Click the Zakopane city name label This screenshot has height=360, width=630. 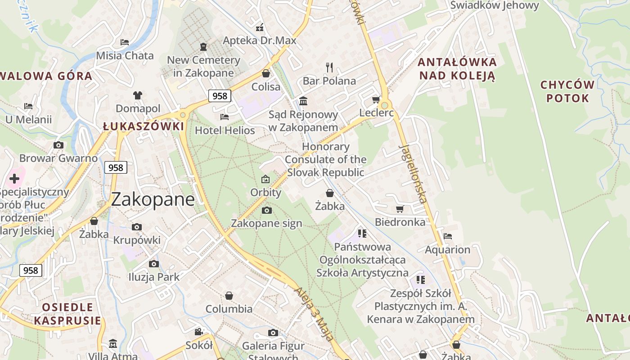pos(153,199)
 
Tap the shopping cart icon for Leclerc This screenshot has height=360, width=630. pos(376,99)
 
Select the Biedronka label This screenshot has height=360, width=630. pos(400,222)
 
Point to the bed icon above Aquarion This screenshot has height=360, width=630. pos(447,236)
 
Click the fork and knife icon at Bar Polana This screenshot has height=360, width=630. pos(329,67)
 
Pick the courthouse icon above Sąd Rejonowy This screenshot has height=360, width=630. pos(303,101)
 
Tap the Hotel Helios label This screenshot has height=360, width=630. pos(225,130)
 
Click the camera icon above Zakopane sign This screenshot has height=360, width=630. pos(266,210)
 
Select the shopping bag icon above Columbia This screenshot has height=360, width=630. pos(229,296)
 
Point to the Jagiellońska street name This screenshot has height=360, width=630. pos(413,174)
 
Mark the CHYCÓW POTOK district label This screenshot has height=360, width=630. pos(567,91)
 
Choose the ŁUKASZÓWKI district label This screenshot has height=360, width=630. pos(144,126)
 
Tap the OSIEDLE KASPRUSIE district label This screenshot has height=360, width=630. pos(67,314)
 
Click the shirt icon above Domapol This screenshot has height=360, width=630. pos(138,95)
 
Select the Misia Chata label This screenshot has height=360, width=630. pos(125,56)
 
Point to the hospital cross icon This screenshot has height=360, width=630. pos(14,179)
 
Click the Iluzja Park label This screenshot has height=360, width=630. pos(154,277)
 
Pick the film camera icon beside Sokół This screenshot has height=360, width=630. pos(198,332)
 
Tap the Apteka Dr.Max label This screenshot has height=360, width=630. pos(260,40)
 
